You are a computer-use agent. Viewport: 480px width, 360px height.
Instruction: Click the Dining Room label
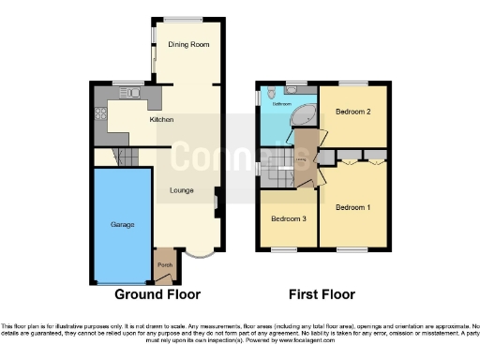187,45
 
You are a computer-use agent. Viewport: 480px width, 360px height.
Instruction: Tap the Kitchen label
162,120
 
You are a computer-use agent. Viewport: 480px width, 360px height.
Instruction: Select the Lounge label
182,190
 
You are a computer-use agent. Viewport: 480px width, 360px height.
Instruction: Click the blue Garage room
122,225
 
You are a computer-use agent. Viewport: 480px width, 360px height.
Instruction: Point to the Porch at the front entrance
165,265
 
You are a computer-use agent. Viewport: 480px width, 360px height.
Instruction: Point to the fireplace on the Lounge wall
217,199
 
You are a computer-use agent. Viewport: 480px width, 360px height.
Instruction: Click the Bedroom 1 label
352,206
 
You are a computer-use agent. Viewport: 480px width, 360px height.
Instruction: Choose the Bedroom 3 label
289,218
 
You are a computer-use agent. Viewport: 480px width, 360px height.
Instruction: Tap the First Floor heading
322,293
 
